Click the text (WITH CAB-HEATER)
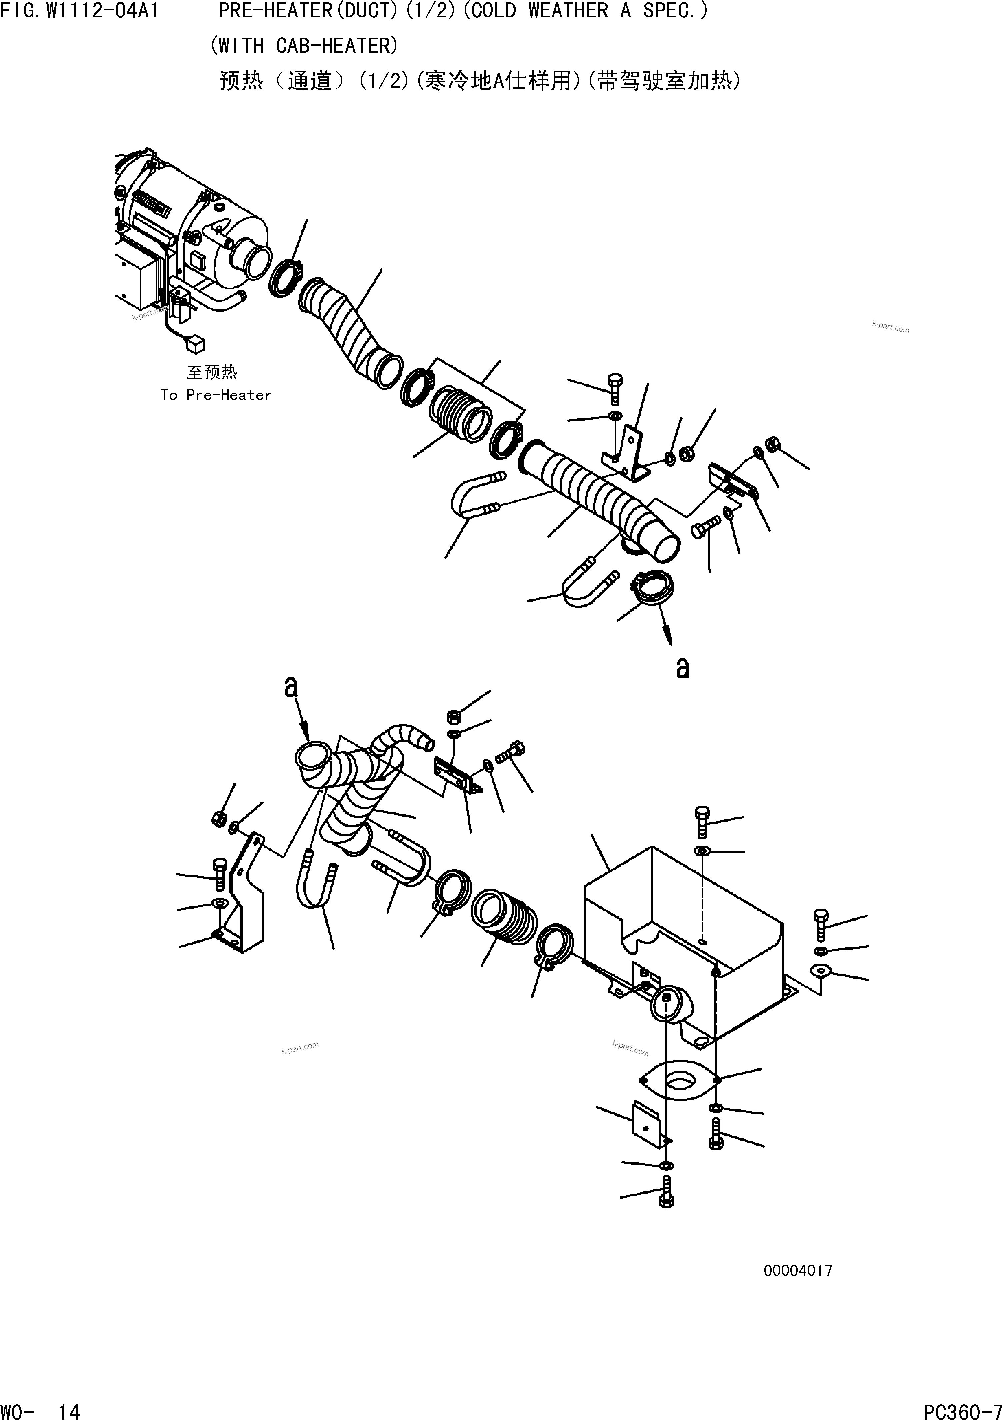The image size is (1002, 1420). tap(304, 46)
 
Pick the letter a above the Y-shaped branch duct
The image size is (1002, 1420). tap(291, 686)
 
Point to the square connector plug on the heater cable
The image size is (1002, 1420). tap(198, 343)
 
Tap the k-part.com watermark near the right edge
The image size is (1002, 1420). tap(891, 327)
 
